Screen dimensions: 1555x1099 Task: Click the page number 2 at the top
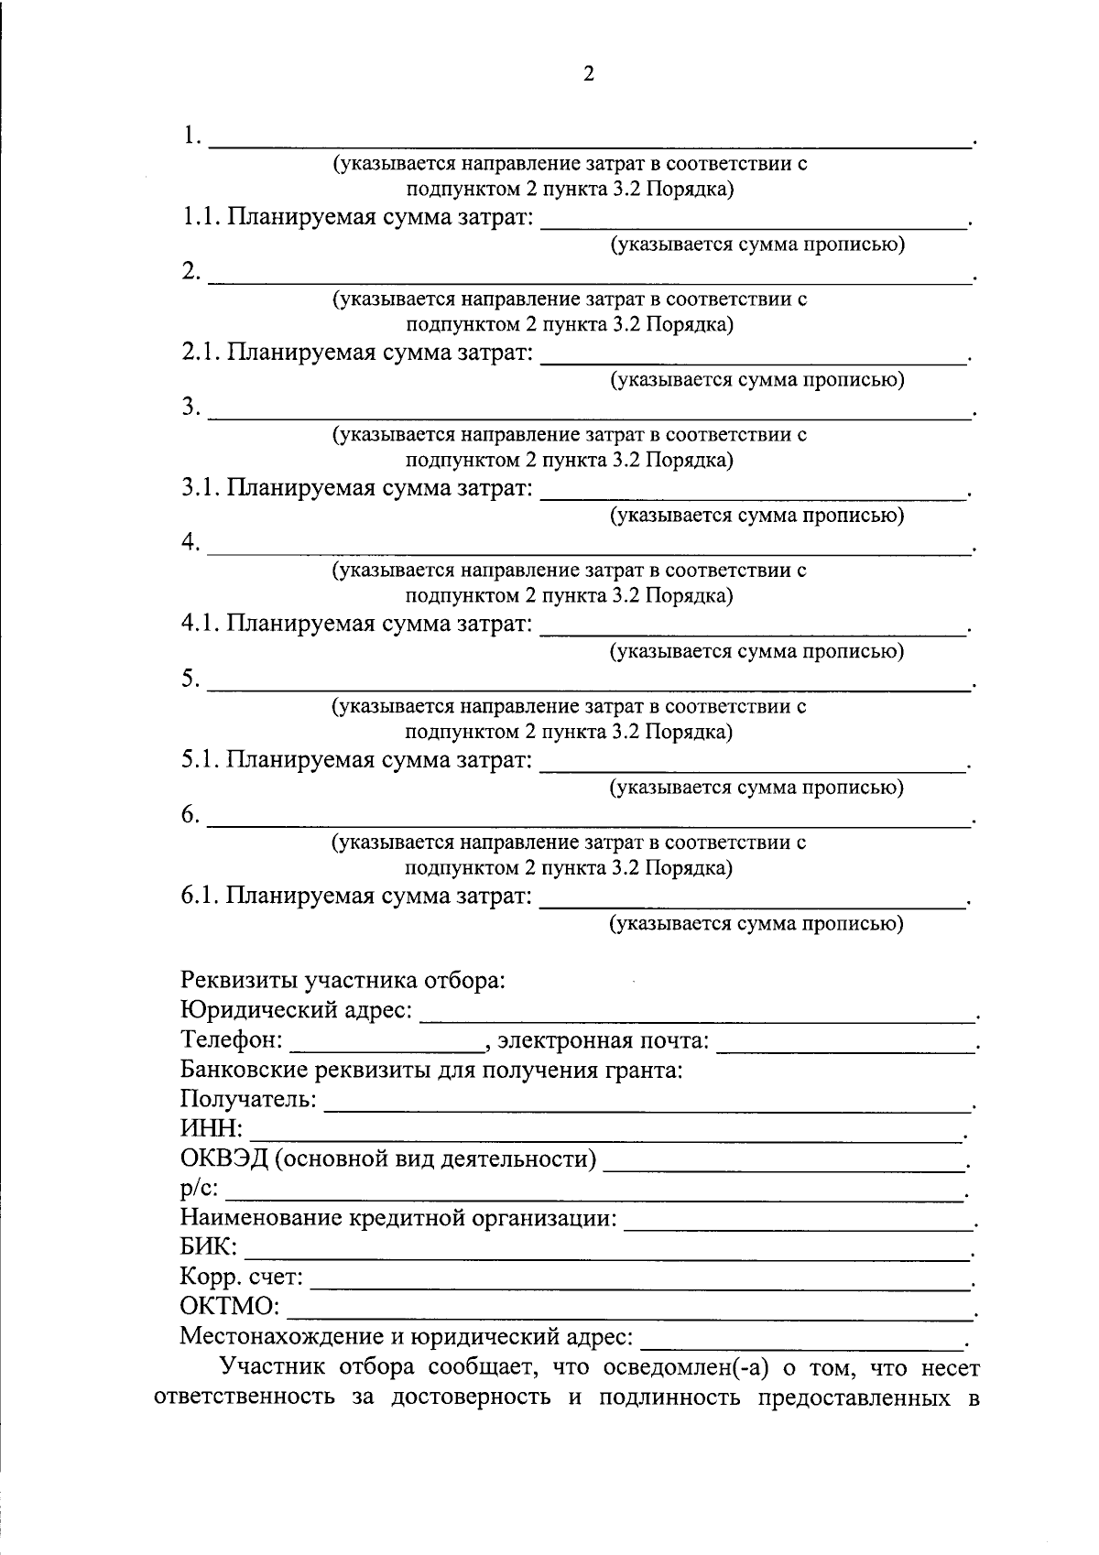pos(588,74)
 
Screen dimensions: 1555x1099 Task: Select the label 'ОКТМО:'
pos(230,1306)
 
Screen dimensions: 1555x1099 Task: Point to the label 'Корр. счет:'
pos(242,1277)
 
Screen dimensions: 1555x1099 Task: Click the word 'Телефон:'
pos(233,1041)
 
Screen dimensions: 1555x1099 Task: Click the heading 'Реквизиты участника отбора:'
pos(343,981)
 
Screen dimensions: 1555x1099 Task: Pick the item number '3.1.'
pos(200,488)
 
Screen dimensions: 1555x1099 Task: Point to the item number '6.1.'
pos(200,896)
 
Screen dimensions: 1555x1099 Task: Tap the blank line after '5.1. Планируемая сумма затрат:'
pos(753,767)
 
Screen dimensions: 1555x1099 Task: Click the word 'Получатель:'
pos(248,1099)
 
